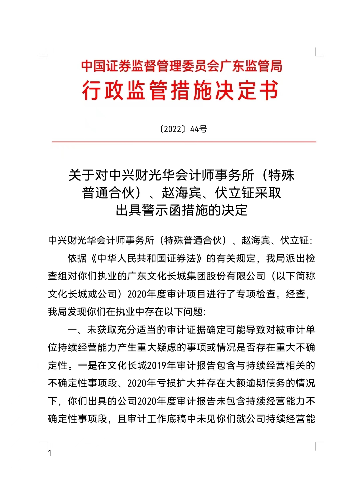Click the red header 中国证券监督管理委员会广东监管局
click(182, 66)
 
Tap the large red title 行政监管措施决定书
click(180, 90)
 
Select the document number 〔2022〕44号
click(182, 129)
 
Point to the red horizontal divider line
click(184, 142)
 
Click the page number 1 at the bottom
click(50, 453)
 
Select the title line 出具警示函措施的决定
click(182, 210)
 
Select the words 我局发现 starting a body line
click(67, 312)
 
